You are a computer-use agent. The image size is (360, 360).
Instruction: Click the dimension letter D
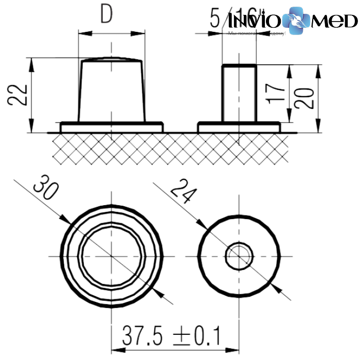click(x=106, y=15)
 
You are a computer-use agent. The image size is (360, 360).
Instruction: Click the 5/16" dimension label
click(x=235, y=19)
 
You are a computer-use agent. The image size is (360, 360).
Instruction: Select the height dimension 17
click(x=278, y=94)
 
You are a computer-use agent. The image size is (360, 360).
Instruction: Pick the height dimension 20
click(x=305, y=98)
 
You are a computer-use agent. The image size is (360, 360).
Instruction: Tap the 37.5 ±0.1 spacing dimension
click(x=171, y=337)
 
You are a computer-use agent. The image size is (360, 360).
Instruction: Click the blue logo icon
click(x=297, y=21)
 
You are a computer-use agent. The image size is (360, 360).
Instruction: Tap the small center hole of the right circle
click(x=239, y=256)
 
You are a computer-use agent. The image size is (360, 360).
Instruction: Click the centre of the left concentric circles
click(x=112, y=256)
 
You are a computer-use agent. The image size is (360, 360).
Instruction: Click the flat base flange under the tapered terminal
click(x=111, y=126)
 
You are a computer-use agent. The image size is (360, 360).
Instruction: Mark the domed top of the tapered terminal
click(x=111, y=59)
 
